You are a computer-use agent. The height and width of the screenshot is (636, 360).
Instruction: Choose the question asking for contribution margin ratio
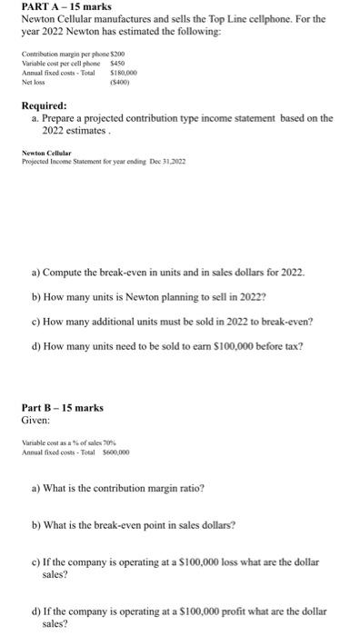(118, 488)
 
